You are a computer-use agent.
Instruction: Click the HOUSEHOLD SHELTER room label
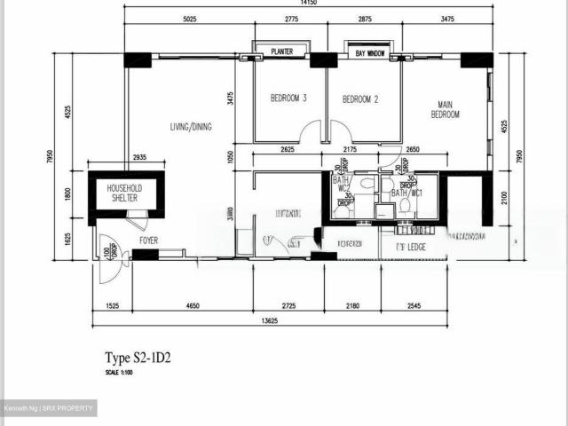pyautogui.click(x=125, y=193)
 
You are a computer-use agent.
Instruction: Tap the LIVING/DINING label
pyautogui.click(x=191, y=127)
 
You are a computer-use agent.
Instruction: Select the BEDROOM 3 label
pyautogui.click(x=288, y=99)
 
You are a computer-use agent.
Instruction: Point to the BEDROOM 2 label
pyautogui.click(x=360, y=99)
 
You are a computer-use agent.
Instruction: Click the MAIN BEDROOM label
pyautogui.click(x=446, y=109)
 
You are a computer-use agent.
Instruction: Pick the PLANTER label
pyautogui.click(x=282, y=52)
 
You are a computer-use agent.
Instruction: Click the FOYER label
pyautogui.click(x=148, y=240)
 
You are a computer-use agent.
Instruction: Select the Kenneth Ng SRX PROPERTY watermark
pyautogui.click(x=49, y=408)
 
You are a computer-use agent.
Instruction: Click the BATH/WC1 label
pyautogui.click(x=406, y=193)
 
